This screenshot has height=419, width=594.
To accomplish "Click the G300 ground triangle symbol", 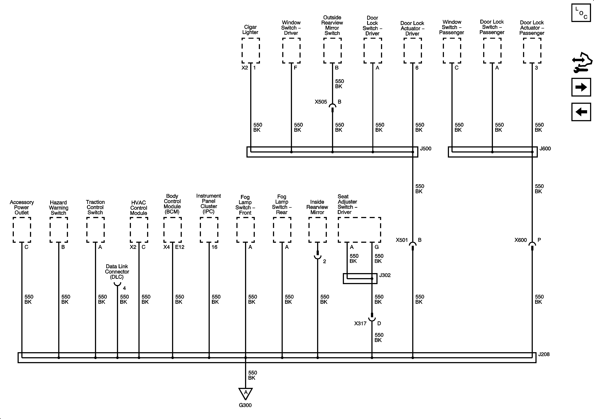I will pyautogui.click(x=246, y=394).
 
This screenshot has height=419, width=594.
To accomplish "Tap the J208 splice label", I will pyautogui.click(x=544, y=354).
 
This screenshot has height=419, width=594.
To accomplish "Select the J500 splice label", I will pyautogui.click(x=426, y=148).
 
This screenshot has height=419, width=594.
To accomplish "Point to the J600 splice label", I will pyautogui.click(x=545, y=148).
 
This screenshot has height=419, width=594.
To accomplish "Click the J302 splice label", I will pyautogui.click(x=385, y=275).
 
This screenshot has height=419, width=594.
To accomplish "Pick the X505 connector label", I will pyautogui.click(x=321, y=102).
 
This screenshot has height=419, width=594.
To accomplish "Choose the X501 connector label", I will pyautogui.click(x=402, y=240).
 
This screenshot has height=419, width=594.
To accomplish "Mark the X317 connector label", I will pyautogui.click(x=360, y=323).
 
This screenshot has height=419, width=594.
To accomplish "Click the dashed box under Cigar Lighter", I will pyautogui.click(x=251, y=50).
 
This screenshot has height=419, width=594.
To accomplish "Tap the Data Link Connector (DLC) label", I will pyautogui.click(x=117, y=272).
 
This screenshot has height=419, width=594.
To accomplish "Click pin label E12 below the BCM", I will pyautogui.click(x=180, y=247).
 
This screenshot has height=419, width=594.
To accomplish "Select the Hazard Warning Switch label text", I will pyautogui.click(x=58, y=208).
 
